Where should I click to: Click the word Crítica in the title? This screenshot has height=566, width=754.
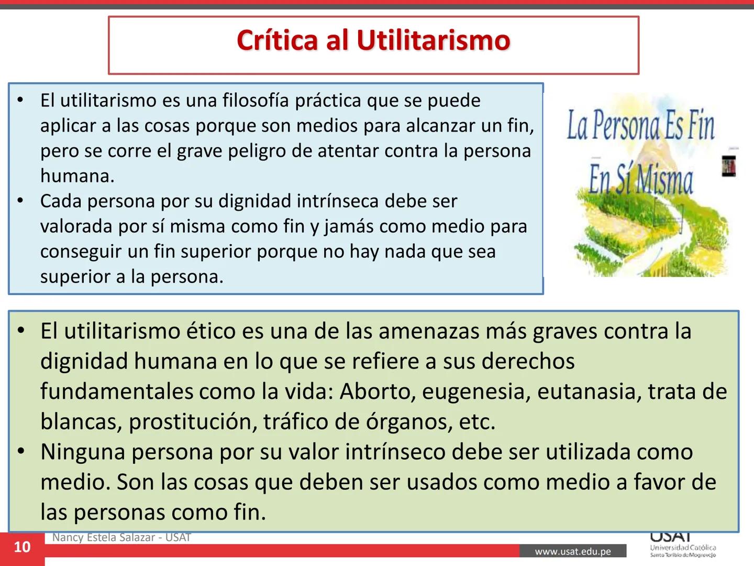click(278, 40)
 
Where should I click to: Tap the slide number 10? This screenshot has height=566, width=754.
click(22, 547)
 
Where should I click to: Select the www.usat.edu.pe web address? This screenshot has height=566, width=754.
click(573, 551)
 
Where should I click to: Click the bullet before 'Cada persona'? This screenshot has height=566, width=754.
click(20, 201)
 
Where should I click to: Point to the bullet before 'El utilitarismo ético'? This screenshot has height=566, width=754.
click(20, 331)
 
